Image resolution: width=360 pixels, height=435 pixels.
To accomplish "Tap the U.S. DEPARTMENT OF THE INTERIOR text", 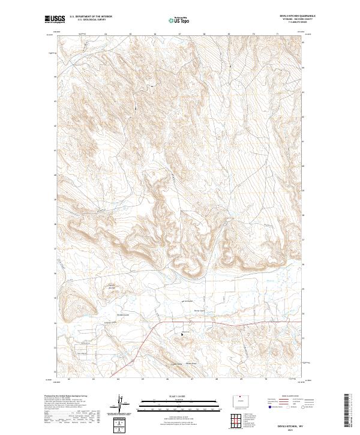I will [91, 17].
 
